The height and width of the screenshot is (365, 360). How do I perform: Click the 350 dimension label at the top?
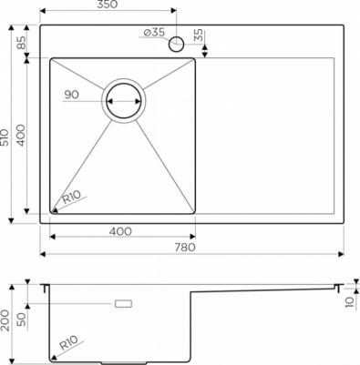click(x=108, y=5)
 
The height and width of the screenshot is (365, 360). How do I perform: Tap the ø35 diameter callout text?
click(x=154, y=32)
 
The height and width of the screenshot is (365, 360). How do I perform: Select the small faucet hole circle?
click(x=177, y=44)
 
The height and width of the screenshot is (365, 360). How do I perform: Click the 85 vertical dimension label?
click(x=22, y=42)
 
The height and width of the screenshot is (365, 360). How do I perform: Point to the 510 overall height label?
click(x=5, y=137)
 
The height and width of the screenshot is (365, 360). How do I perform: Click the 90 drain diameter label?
click(x=72, y=95)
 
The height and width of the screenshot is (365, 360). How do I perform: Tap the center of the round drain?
click(x=124, y=100)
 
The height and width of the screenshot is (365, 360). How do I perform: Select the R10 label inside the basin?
click(x=72, y=197)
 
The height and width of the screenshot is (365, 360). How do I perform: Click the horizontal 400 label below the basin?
click(x=120, y=231)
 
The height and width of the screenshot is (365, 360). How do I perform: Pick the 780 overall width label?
click(x=185, y=247)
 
